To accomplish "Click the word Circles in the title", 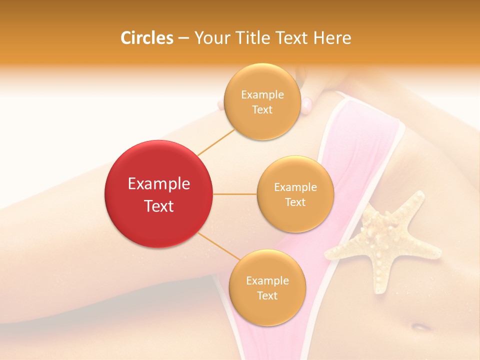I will [146, 38].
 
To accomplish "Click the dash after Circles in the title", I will [183, 38].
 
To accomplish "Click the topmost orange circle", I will [262, 101].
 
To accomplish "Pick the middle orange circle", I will [295, 194].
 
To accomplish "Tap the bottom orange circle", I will [267, 287].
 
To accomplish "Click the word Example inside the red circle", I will [158, 184].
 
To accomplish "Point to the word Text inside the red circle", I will [158, 206].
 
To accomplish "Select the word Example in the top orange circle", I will [262, 94].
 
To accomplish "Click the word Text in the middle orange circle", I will [295, 202].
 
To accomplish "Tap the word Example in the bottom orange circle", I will [267, 280].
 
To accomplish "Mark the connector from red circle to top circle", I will [216, 142].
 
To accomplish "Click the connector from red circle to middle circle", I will [235, 194].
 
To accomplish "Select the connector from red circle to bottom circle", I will [218, 246].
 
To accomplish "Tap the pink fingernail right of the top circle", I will [306, 104].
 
